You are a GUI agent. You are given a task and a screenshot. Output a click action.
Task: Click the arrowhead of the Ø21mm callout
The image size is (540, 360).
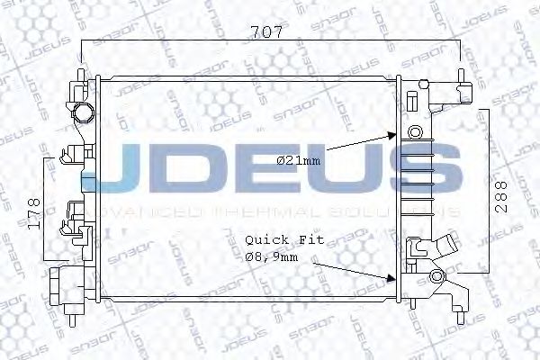pos(391,136)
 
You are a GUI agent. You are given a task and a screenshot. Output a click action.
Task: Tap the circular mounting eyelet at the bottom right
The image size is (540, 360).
pos(438,277)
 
